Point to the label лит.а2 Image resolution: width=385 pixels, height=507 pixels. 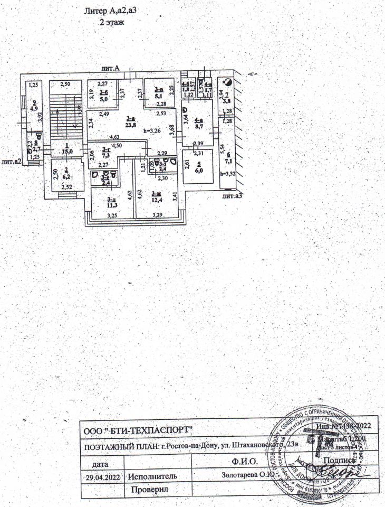pos(11,162)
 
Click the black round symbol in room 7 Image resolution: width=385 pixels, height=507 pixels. pos(227,82)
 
